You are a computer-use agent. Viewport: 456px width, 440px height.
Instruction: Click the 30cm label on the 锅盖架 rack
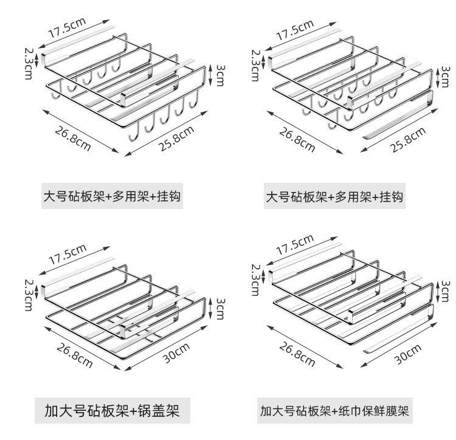tap(176, 352)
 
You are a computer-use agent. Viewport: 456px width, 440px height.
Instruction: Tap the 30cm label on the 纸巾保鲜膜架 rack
tap(408, 354)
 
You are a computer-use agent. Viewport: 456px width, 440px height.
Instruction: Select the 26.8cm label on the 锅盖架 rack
tap(74, 355)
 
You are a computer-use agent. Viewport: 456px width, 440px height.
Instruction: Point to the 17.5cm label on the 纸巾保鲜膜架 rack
tap(295, 245)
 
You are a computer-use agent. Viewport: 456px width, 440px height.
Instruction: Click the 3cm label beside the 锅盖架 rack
tap(220, 309)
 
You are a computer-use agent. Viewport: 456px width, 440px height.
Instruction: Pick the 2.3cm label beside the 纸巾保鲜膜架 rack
tap(255, 280)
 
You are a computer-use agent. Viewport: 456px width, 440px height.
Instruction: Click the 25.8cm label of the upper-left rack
tap(176, 139)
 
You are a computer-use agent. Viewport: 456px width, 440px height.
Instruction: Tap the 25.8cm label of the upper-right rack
tap(408, 140)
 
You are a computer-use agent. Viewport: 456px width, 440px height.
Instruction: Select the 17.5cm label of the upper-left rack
tap(67, 28)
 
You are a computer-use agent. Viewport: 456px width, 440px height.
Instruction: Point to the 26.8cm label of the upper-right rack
tap(297, 140)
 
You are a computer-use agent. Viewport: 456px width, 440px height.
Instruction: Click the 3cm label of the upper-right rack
tap(446, 77)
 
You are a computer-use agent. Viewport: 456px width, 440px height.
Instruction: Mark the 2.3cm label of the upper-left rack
tap(29, 64)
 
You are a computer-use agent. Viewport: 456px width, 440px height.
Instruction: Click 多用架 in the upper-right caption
tap(353, 197)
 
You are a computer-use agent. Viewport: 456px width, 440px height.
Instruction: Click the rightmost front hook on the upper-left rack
tap(194, 100)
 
